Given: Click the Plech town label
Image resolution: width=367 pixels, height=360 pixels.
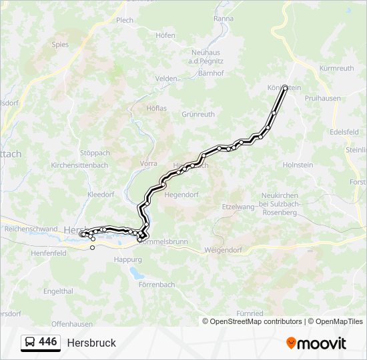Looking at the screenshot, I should click(125, 20).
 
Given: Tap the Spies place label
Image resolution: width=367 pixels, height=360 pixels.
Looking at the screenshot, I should click(60, 45).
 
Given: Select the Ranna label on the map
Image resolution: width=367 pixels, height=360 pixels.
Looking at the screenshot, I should click(224, 19).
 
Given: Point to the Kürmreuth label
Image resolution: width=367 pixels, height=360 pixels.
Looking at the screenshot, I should click(337, 68).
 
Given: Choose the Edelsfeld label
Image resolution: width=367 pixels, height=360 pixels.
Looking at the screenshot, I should click(344, 132).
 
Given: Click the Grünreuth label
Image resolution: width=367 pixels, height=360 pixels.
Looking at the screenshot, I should click(198, 114).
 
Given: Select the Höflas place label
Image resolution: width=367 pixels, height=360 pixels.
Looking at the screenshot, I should click(156, 107).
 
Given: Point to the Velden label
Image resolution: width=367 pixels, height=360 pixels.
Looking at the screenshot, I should click(166, 78).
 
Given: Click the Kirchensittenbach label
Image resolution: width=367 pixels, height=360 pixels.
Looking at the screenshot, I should click(79, 165).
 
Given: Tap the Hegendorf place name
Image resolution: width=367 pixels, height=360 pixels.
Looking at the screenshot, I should click(182, 194).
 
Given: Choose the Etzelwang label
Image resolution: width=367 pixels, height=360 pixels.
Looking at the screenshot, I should click(238, 207).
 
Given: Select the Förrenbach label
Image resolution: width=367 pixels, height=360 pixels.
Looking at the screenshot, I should click(157, 284).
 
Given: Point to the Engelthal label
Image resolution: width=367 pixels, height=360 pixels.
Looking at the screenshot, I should click(58, 291).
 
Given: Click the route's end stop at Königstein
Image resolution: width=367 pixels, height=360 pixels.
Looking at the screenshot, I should click(285, 88).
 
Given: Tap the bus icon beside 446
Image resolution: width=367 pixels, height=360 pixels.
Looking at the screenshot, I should click(30, 342).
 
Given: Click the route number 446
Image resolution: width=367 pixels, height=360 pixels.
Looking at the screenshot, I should click(48, 341).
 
